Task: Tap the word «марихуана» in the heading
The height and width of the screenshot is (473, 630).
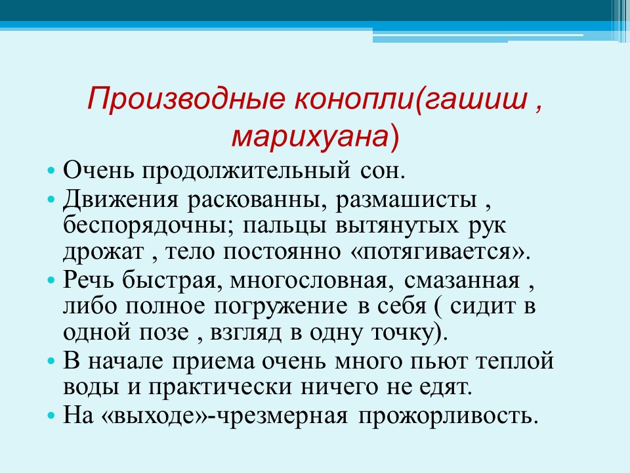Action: pyautogui.click(x=310, y=137)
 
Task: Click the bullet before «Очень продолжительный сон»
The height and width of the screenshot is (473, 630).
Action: pyautogui.click(x=51, y=170)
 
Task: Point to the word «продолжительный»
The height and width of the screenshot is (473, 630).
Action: pyautogui.click(x=246, y=171)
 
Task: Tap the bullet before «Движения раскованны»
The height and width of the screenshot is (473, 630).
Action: pyautogui.click(x=51, y=199)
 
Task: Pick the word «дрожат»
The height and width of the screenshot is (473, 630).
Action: pyautogui.click(x=104, y=252)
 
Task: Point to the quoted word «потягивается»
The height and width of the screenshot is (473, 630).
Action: pyautogui.click(x=438, y=252)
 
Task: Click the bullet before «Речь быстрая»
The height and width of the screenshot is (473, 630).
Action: pyautogui.click(x=51, y=281)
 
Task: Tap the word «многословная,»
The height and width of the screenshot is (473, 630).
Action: pyautogui.click(x=312, y=281)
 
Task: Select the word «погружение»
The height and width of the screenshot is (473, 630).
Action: pyautogui.click(x=280, y=307)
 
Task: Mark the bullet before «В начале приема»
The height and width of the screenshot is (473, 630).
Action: pyautogui.click(x=51, y=361)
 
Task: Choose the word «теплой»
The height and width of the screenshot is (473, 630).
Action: pyautogui.click(x=515, y=361)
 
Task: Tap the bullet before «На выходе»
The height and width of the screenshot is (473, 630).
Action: pyautogui.click(x=51, y=415)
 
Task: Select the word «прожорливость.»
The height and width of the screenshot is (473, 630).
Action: pyautogui.click(x=448, y=415)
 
